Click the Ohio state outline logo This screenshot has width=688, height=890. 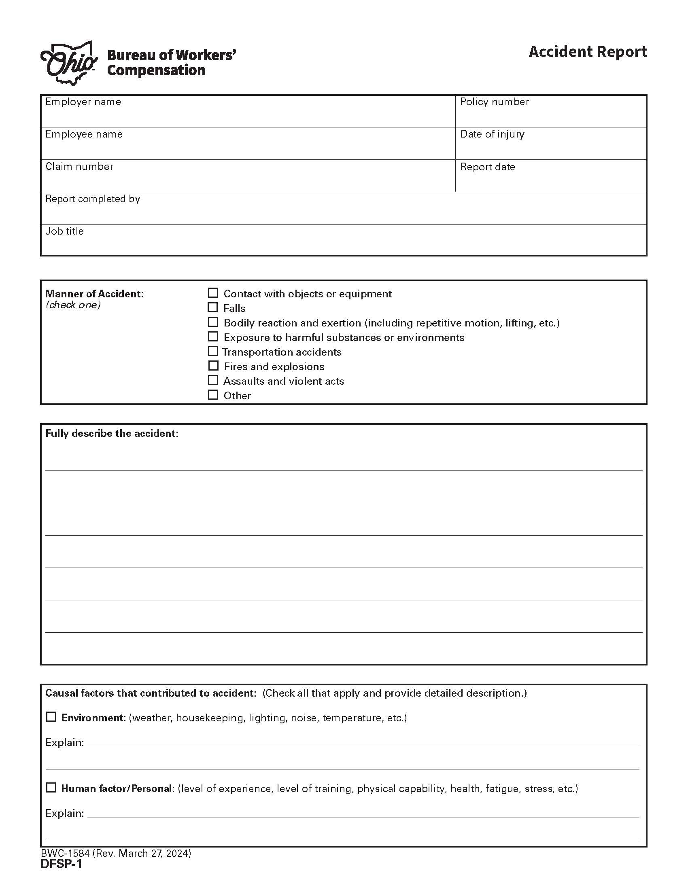click(68, 64)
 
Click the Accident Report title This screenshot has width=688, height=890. click(587, 52)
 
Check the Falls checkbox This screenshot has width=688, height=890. click(213, 308)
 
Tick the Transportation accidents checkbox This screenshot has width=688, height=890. click(213, 351)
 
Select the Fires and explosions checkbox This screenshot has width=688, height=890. click(213, 366)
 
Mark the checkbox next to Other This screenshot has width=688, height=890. click(213, 395)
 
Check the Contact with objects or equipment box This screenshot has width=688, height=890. click(213, 293)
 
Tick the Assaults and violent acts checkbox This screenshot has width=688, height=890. click(213, 380)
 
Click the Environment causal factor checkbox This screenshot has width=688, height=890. click(51, 717)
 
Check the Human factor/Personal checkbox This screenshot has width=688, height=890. click(51, 788)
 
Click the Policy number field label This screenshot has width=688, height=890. click(494, 102)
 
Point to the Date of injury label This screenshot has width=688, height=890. click(492, 134)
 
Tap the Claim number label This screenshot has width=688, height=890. click(79, 167)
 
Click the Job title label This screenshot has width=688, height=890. click(64, 231)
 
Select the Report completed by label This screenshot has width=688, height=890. click(93, 199)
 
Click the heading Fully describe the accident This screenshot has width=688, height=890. click(112, 434)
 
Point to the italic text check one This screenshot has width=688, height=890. click(73, 305)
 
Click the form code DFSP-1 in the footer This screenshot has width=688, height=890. click(61, 864)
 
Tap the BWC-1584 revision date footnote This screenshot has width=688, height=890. click(116, 853)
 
